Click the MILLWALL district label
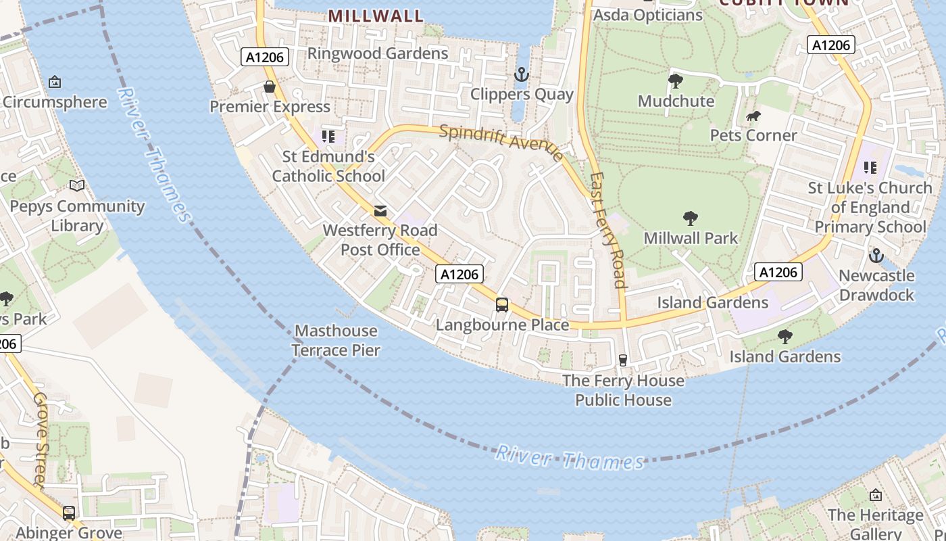click(376, 16)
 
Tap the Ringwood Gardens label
click(378, 53)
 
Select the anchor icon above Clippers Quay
click(521, 74)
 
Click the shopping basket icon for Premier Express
click(270, 87)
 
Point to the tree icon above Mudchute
click(675, 81)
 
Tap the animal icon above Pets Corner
click(753, 116)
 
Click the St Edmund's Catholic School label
click(328, 166)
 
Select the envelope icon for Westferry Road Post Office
click(381, 211)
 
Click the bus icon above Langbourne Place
click(502, 304)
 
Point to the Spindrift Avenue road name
click(501, 143)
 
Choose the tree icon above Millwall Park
click(690, 218)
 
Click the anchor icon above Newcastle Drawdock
click(876, 256)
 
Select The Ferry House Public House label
click(623, 390)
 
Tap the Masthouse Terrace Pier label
click(336, 340)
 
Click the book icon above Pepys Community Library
click(77, 185)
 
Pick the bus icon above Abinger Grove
click(69, 513)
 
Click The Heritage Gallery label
click(875, 524)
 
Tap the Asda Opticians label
click(647, 15)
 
